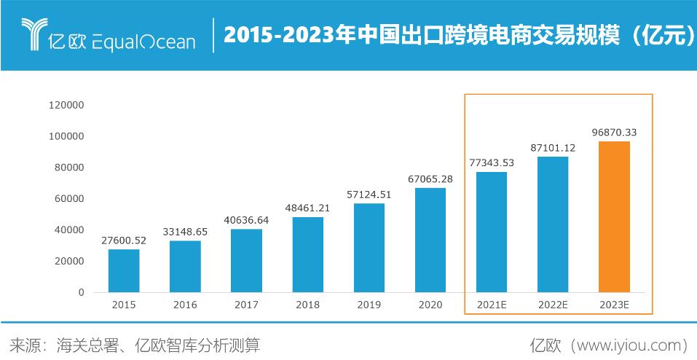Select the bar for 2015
point(124,270)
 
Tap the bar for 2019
point(369,248)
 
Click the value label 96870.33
point(614,132)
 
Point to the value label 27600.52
point(124,240)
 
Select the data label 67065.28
point(430,179)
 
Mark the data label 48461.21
point(307,208)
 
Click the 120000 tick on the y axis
point(66,105)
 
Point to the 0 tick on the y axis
point(81,292)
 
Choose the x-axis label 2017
point(246,306)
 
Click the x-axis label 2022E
point(553,306)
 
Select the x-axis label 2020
point(430,306)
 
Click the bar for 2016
point(185,266)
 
